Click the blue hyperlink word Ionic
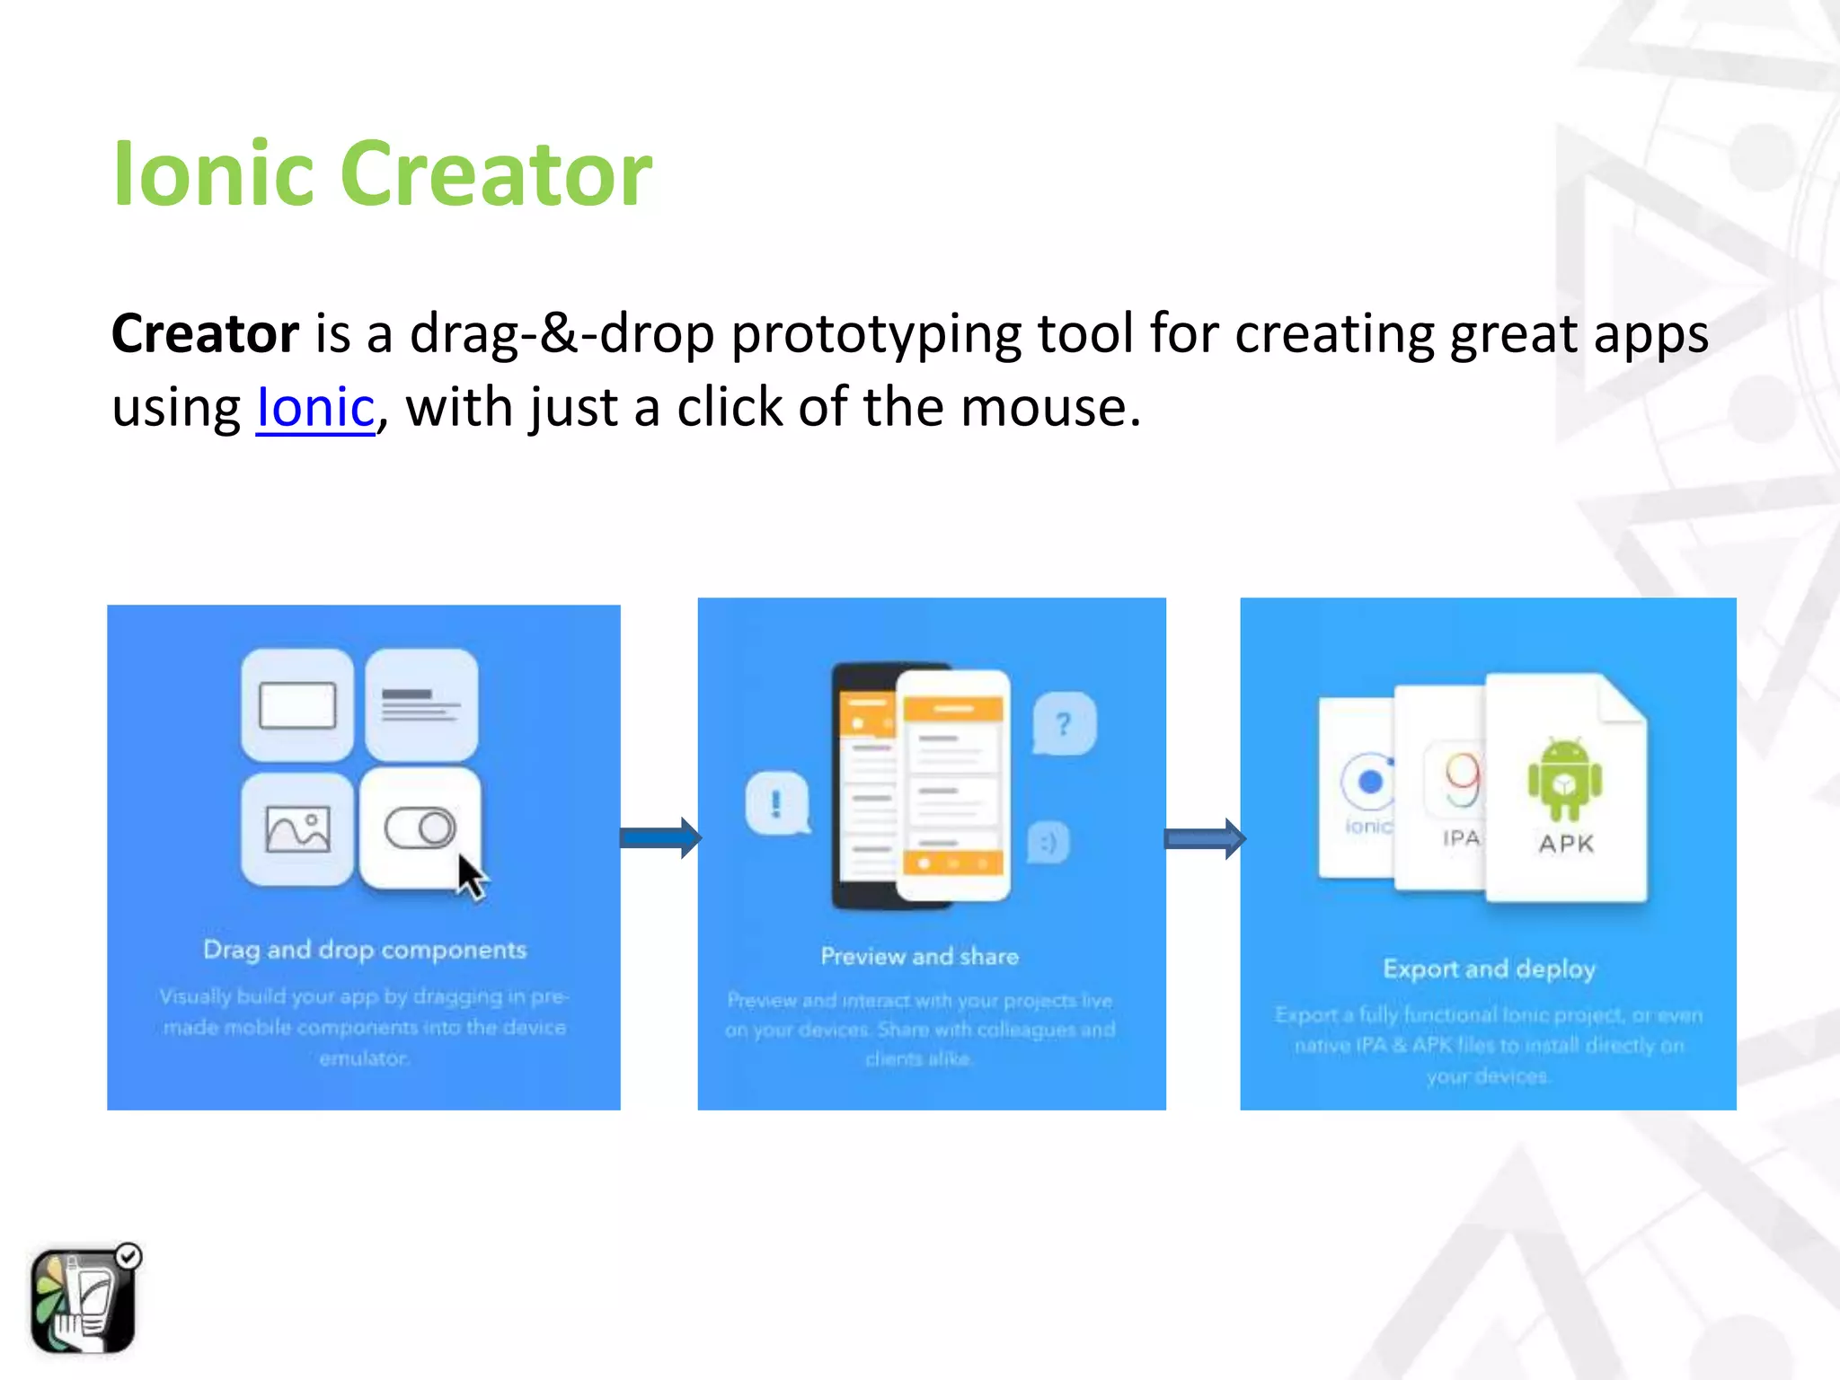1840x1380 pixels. (315, 408)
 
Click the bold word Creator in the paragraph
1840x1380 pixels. (205, 334)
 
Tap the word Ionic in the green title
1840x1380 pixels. (211, 174)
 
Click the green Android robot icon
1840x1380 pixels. (1564, 780)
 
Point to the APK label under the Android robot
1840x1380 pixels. (1566, 844)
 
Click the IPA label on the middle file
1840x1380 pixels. (1461, 838)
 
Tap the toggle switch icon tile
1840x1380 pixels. (420, 827)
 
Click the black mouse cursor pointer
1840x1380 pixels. (471, 876)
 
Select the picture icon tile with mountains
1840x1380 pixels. (297, 828)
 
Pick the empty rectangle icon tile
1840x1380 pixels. (297, 705)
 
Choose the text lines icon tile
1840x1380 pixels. (420, 705)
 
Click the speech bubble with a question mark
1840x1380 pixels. (1064, 723)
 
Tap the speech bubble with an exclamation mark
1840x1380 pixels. (777, 802)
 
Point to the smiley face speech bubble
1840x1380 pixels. (1048, 843)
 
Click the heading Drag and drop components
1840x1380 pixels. (365, 950)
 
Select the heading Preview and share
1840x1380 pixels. (919, 956)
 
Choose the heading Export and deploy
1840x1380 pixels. (1489, 969)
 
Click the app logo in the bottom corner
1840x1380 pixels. (84, 1299)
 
